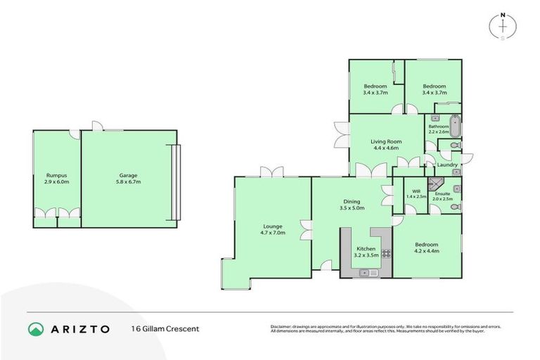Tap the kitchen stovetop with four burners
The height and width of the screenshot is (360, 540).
(385, 253)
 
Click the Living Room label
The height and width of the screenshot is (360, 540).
(385, 141)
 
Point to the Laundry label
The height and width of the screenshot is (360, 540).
(447, 165)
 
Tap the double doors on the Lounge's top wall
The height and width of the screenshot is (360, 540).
(271, 172)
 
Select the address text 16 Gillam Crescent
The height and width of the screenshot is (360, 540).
(165, 328)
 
